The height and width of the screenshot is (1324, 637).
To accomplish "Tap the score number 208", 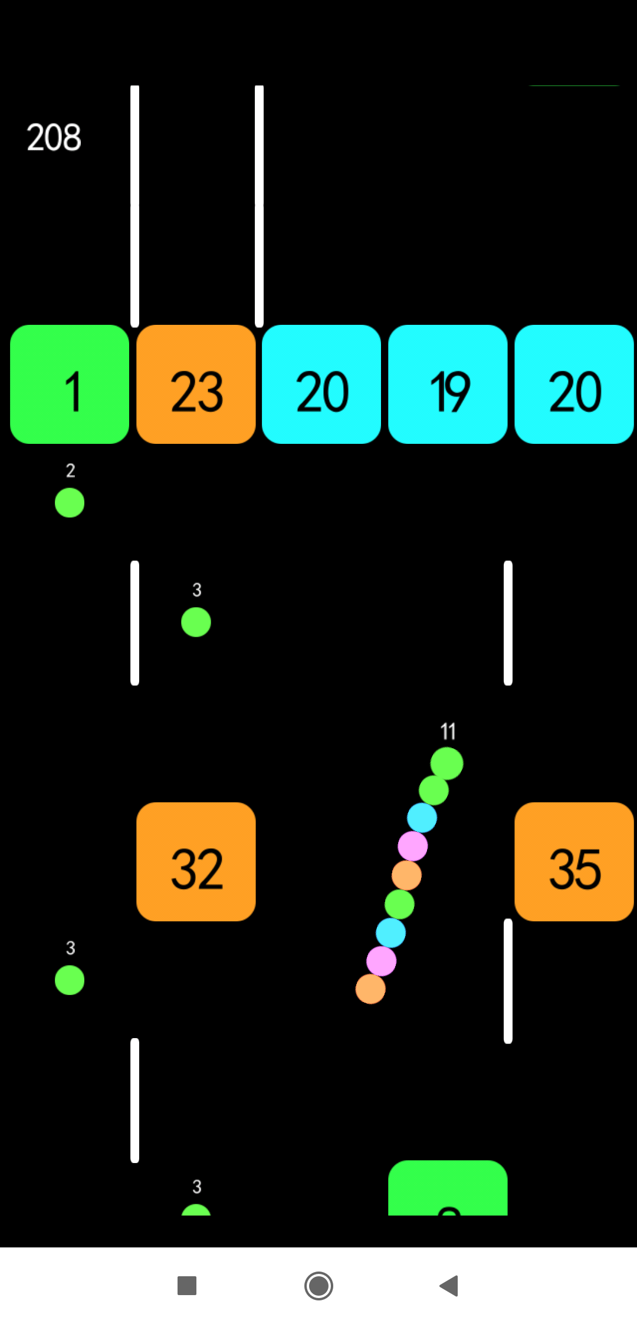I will click(54, 137).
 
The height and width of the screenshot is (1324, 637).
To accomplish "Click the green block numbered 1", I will click(70, 384).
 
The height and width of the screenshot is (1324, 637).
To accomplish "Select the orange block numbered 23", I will click(196, 384).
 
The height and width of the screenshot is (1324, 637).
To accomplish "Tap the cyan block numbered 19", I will click(448, 384).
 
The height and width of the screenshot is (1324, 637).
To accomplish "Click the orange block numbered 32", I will click(196, 861).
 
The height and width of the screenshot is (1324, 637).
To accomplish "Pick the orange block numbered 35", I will click(574, 861).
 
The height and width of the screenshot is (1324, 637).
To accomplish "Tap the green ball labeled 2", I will click(70, 503).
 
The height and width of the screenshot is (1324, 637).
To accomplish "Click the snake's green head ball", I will click(446, 763).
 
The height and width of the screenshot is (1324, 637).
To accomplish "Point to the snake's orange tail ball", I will click(370, 989).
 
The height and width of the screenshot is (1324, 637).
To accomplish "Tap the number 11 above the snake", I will click(448, 732).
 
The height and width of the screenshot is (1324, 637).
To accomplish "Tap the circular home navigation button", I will click(318, 1285).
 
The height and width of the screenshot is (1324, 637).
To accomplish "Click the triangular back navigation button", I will click(449, 1285).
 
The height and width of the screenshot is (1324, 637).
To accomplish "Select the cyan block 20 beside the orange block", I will click(321, 384).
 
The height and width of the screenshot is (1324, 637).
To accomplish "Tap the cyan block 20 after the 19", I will click(574, 384).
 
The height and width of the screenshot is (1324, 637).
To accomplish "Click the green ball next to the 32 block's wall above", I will click(196, 622).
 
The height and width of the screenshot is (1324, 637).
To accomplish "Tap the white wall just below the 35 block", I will click(508, 982).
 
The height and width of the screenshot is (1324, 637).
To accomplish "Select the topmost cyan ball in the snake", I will click(422, 818).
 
